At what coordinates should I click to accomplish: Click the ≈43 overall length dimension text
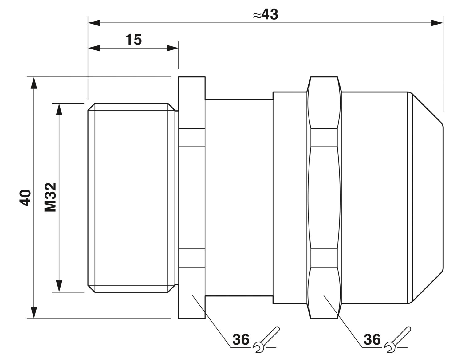[x=266, y=15]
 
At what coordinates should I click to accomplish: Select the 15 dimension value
[x=133, y=39]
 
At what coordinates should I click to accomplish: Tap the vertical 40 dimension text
[x=25, y=198]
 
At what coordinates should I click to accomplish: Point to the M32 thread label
[x=50, y=197]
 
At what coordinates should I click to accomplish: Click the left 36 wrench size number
[x=241, y=339]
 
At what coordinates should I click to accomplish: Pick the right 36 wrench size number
[x=372, y=339]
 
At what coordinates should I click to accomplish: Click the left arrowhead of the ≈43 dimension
[x=94, y=23]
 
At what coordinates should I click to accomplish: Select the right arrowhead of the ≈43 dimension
[x=437, y=23]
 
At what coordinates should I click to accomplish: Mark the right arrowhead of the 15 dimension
[x=172, y=48]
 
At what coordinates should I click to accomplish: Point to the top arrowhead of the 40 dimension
[x=34, y=83]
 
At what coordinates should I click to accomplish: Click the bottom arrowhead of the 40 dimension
[x=34, y=312]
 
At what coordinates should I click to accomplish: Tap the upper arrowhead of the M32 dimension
[x=59, y=109]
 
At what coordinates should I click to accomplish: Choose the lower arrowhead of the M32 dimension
[x=59, y=286]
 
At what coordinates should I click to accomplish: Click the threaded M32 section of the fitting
[x=132, y=198]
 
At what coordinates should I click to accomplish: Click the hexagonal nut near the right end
[x=324, y=198]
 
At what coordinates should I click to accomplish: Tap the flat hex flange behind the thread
[x=192, y=198]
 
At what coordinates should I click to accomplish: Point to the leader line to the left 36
[x=211, y=321]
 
